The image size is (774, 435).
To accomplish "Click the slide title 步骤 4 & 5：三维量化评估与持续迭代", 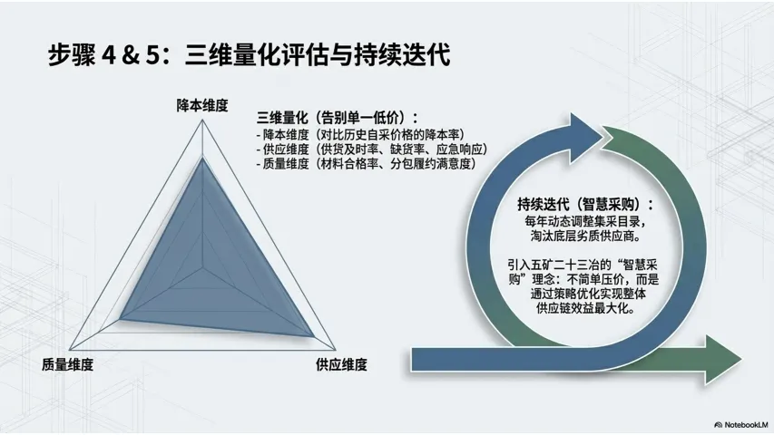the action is click(249, 55).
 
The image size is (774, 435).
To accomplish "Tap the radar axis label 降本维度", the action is click(201, 106).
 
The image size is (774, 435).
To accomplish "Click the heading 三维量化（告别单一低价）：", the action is click(338, 118).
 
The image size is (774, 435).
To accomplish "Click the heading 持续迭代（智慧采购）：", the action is click(585, 204).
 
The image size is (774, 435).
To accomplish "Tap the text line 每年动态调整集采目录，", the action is click(585, 221).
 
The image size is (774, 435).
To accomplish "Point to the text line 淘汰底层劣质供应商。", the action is click(585, 237).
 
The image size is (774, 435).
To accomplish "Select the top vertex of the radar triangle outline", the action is click(201, 122).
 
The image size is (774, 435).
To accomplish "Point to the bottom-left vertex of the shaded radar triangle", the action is click(120, 316).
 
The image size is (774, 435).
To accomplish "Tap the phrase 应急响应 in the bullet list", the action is click(465, 149).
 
